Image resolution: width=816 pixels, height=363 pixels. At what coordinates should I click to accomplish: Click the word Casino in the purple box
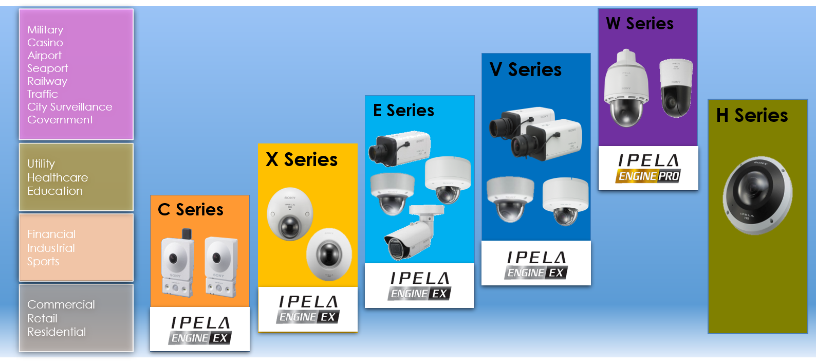tap(45, 43)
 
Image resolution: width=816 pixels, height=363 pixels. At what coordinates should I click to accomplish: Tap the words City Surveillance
tap(69, 107)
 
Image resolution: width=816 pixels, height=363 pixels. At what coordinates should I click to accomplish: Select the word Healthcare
tap(58, 177)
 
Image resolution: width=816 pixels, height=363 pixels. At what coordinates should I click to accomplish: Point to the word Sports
tap(43, 261)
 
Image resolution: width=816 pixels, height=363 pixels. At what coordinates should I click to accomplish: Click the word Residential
tap(57, 332)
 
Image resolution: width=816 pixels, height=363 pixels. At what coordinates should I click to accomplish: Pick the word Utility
tap(41, 164)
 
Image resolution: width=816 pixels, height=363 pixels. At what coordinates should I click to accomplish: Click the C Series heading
tap(191, 210)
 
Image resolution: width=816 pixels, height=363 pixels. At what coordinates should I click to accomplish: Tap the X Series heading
tap(302, 160)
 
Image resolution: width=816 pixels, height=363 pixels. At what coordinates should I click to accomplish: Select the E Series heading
tap(403, 111)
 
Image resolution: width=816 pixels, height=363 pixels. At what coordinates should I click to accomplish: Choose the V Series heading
tap(526, 69)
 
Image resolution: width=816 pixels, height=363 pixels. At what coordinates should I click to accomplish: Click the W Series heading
tap(640, 24)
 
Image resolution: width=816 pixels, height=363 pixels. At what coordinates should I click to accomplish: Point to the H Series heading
tap(752, 116)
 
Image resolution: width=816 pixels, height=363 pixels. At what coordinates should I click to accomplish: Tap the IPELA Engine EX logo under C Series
tap(200, 330)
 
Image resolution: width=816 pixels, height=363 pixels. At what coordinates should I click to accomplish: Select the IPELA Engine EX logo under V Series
tap(536, 265)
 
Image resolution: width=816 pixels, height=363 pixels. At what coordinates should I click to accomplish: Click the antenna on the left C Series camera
tap(187, 233)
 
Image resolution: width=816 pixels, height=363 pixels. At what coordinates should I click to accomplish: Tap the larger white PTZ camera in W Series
tap(626, 90)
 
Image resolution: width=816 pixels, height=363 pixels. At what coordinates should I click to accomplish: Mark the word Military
tap(45, 30)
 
